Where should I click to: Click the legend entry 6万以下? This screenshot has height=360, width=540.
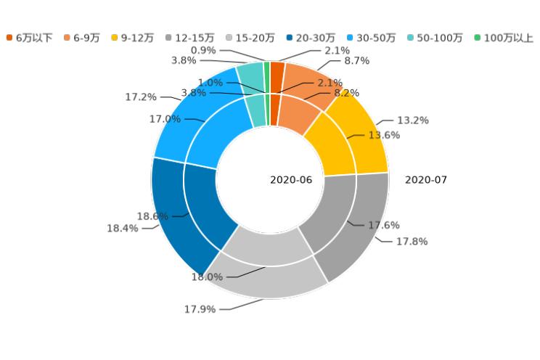30,38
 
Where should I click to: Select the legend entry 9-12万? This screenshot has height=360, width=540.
132,38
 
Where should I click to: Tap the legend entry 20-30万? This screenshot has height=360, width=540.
311,38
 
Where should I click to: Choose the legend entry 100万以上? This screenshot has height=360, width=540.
504,38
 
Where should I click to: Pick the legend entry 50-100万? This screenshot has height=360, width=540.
435,38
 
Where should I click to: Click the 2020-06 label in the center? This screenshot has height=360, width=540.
291,180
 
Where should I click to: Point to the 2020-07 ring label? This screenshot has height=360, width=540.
426,180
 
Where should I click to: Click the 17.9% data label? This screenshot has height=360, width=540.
200,309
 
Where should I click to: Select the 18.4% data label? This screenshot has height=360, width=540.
123,228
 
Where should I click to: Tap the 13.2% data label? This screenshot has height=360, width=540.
413,120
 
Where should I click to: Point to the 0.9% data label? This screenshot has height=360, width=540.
203,50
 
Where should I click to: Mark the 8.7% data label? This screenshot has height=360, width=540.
357,61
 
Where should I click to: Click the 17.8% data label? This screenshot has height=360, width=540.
412,241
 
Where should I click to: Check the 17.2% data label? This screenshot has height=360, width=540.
141,97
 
